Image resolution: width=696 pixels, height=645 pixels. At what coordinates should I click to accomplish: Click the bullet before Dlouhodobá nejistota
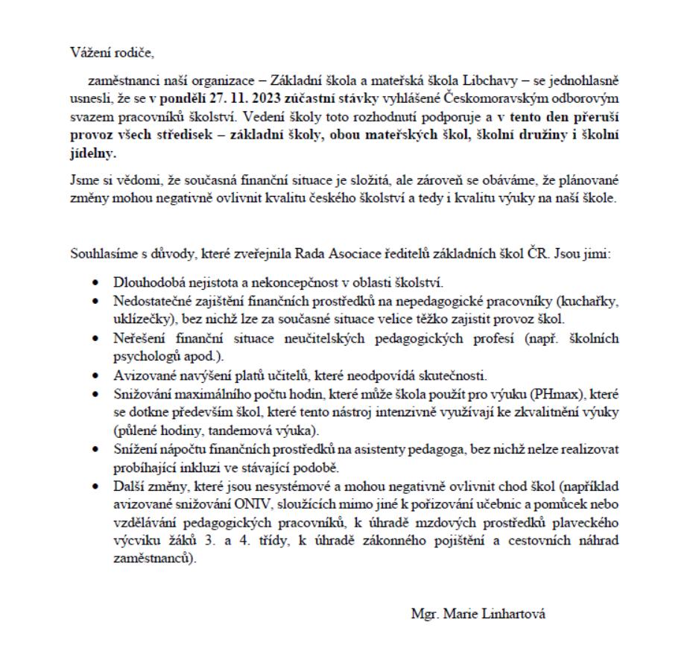[97, 284]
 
